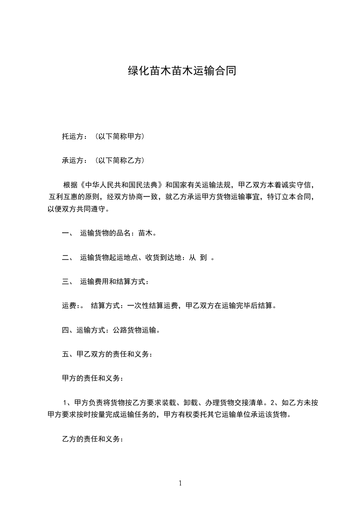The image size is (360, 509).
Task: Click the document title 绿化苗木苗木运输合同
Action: [181, 71]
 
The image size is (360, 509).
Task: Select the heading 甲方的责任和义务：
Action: [91, 378]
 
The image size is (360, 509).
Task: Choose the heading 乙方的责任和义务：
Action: [91, 440]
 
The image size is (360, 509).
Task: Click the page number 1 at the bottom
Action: [180, 483]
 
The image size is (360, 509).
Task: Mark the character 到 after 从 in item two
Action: [203, 258]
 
